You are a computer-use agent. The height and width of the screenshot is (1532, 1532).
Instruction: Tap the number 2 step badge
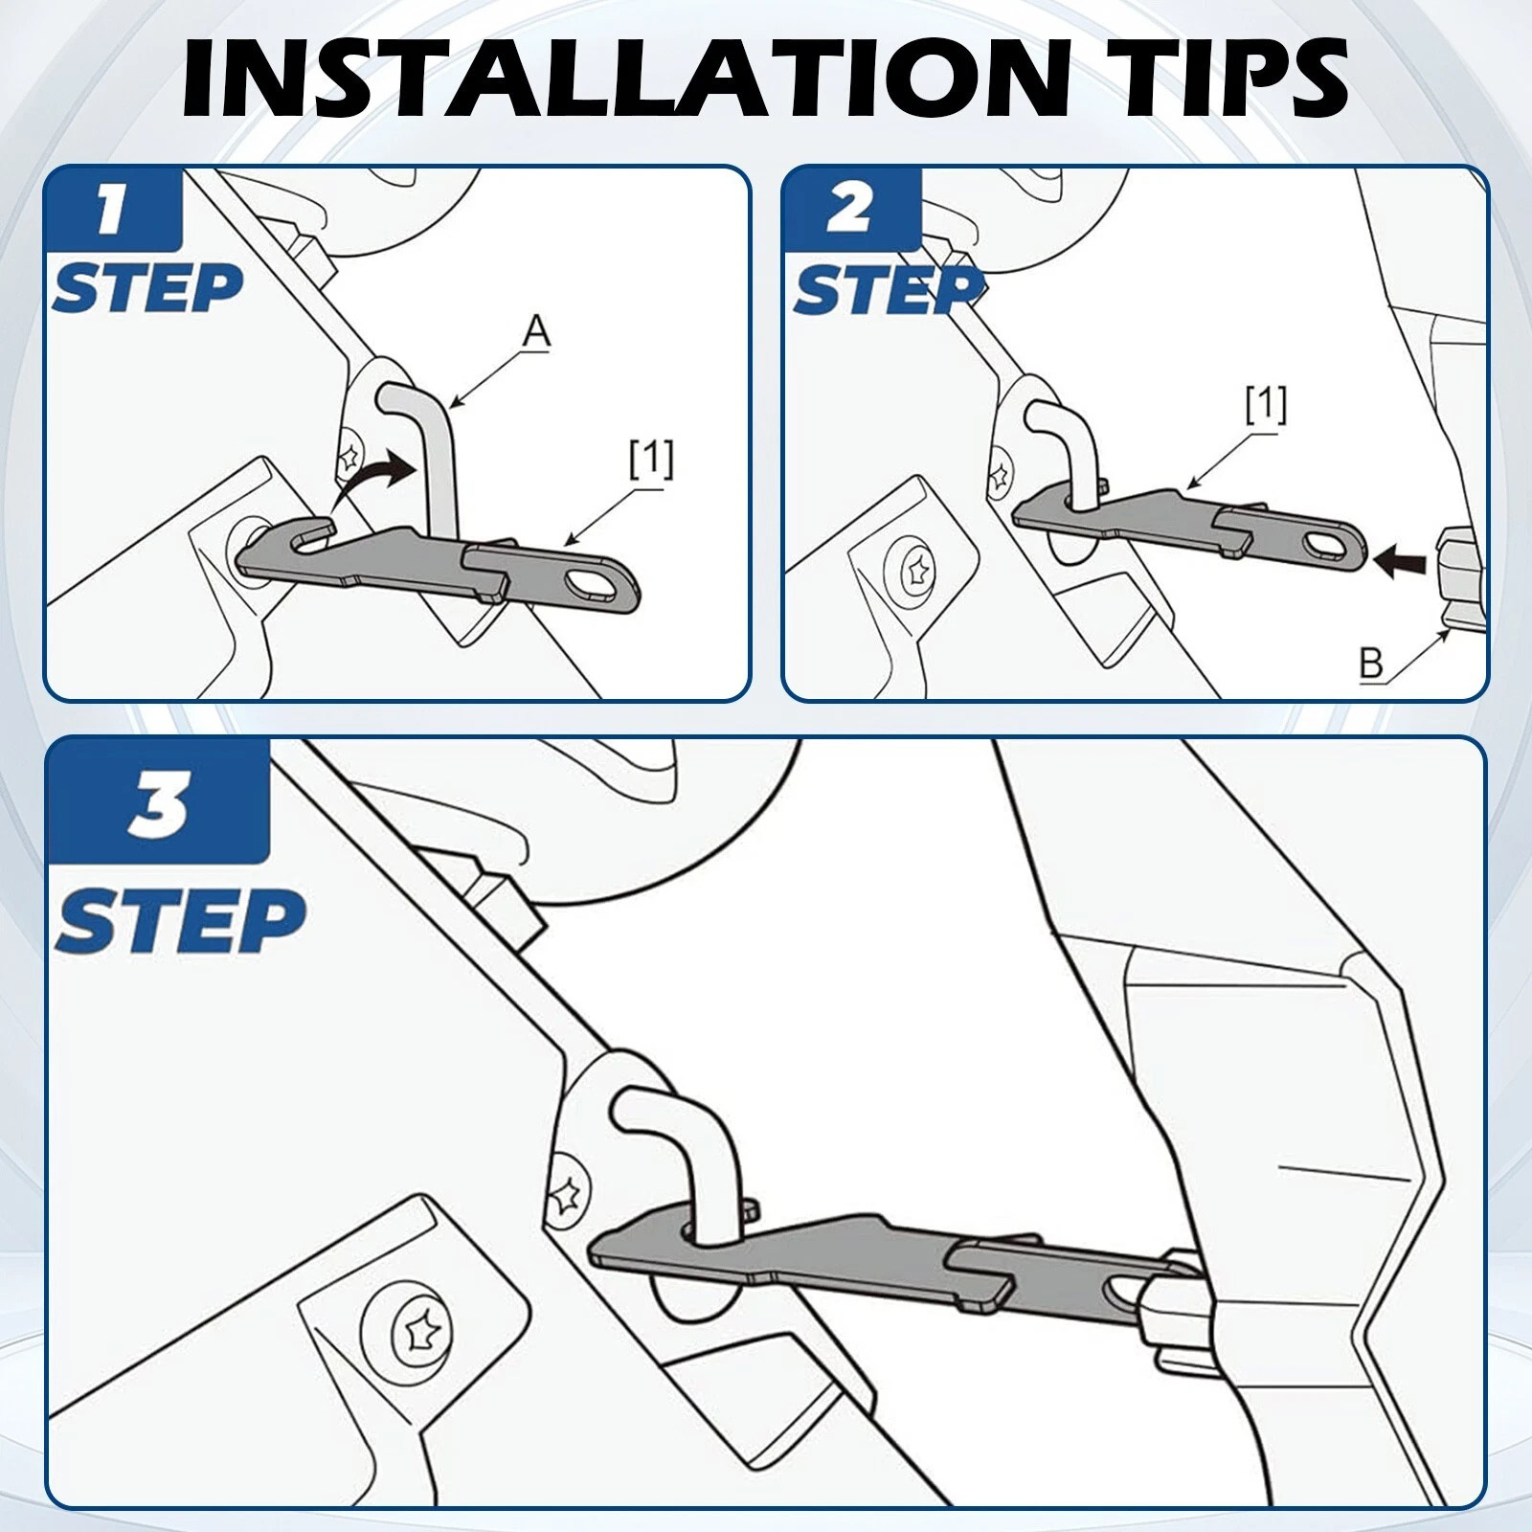[x=851, y=211]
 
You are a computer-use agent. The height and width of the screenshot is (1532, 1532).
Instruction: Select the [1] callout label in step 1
[x=651, y=460]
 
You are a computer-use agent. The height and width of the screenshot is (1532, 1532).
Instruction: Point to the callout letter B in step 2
[x=1372, y=665]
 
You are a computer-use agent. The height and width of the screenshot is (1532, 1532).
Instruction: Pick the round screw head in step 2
[x=916, y=572]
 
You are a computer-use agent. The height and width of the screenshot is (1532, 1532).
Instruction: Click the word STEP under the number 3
[x=180, y=919]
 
